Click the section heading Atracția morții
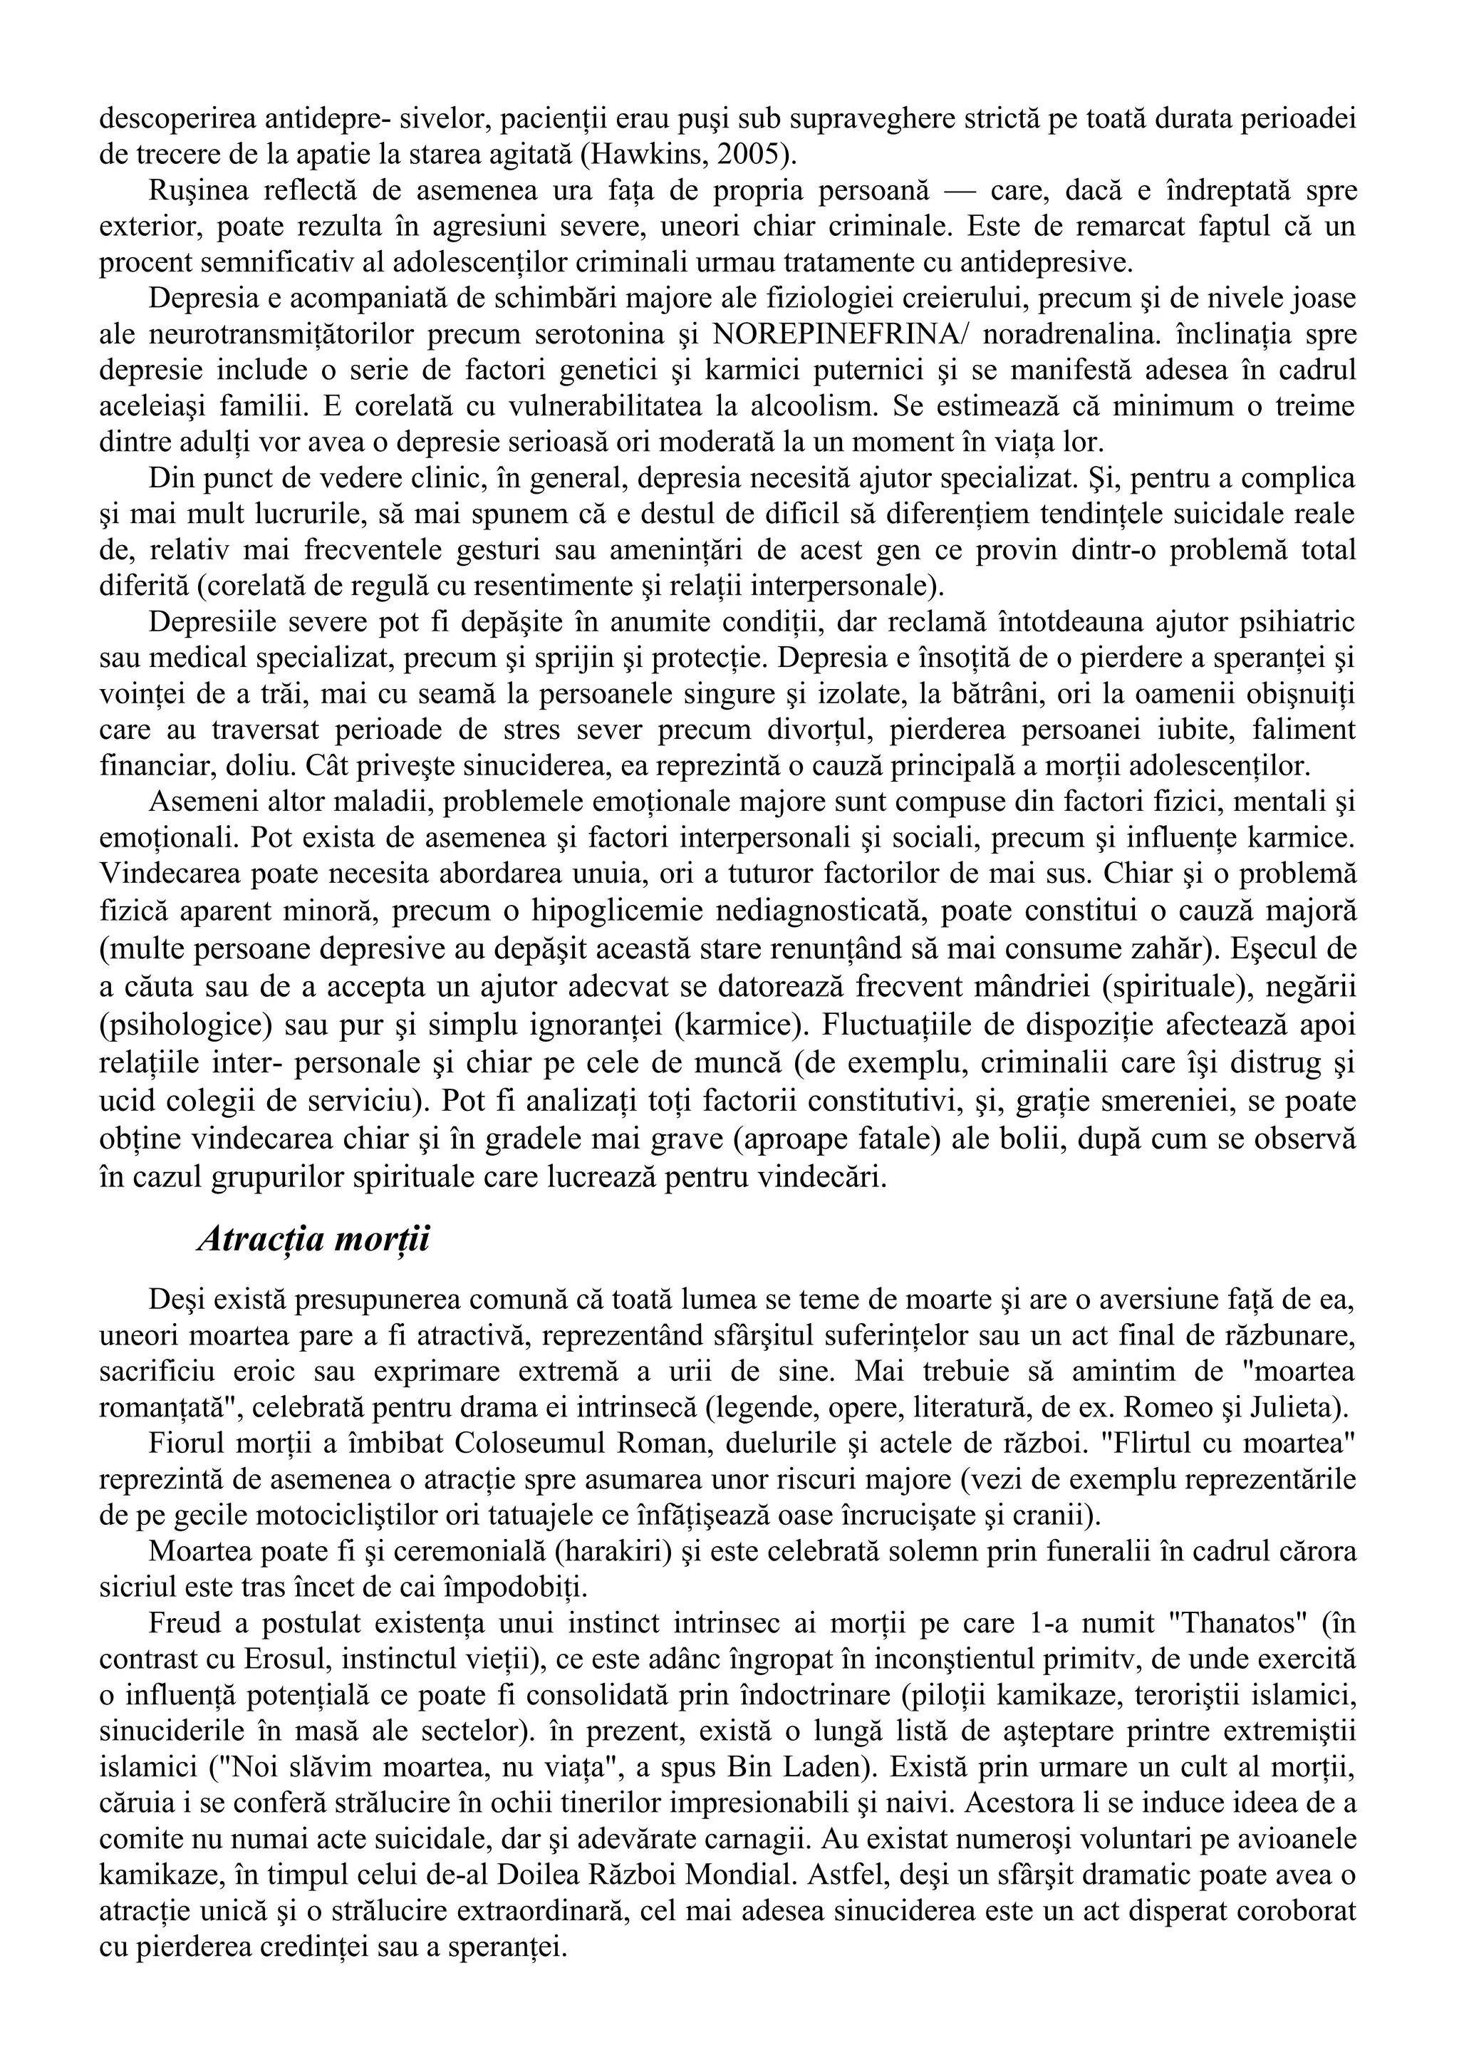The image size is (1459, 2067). point(313,1240)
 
